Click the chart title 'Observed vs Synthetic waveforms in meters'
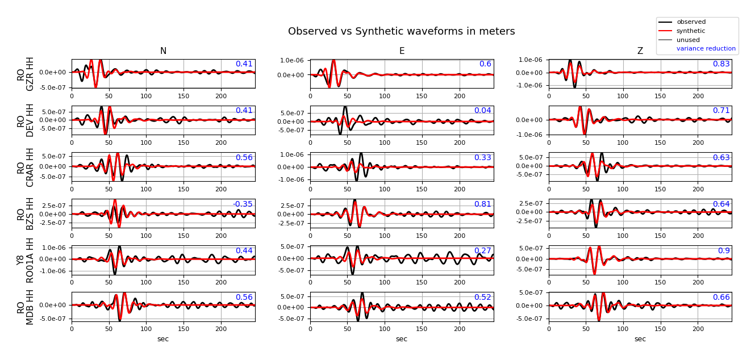pos(401,32)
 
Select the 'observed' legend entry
pos(691,22)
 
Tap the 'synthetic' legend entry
pos(691,31)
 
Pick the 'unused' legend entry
pos(688,40)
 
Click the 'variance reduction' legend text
pos(706,49)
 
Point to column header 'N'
pos(163,51)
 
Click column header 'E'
pos(402,51)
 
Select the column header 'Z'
pos(640,51)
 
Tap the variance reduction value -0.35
pos(243,204)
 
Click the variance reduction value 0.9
pos(724,251)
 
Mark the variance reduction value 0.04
pos(482,111)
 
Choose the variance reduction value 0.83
pos(721,64)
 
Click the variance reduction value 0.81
pos(482,204)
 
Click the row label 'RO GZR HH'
pos(26,74)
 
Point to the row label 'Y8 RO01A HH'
pos(26,260)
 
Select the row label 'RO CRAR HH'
pos(26,167)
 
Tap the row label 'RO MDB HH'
pos(26,307)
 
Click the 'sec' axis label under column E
pos(402,339)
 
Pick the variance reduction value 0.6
pos(485,64)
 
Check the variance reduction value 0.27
pos(482,251)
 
